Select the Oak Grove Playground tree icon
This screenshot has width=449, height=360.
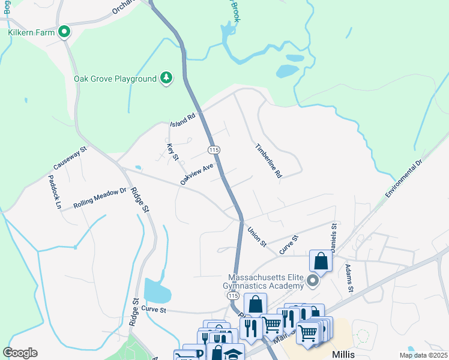[166, 78]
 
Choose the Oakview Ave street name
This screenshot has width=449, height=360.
[197, 175]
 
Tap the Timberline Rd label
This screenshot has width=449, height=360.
[268, 160]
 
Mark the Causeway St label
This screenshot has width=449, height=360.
[70, 157]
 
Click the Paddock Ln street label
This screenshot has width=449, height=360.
[55, 191]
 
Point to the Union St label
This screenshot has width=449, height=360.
[257, 235]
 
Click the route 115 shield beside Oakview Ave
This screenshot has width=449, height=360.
[213, 148]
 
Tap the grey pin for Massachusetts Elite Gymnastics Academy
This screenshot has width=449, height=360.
[312, 280]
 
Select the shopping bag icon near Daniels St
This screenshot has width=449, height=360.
[321, 262]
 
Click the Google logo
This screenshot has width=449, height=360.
[20, 353]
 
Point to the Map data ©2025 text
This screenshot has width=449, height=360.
[423, 355]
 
